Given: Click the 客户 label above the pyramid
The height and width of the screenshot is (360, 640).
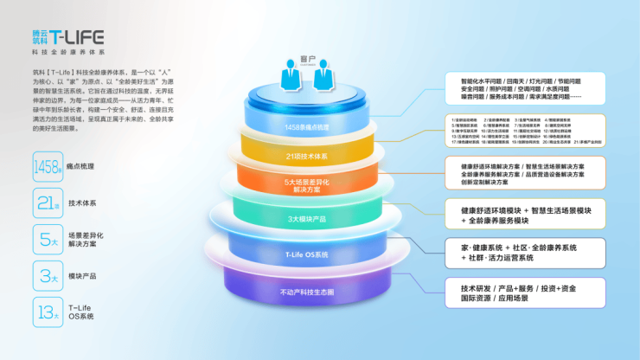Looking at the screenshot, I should pyautogui.click(x=309, y=61).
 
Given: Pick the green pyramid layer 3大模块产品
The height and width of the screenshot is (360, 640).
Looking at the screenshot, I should pyautogui.click(x=307, y=218).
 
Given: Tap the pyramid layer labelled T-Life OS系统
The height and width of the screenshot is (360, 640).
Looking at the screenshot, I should pyautogui.click(x=307, y=254).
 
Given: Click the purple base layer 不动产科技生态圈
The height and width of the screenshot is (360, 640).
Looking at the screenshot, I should pyautogui.click(x=307, y=292).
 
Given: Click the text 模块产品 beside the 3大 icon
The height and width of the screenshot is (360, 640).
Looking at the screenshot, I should pyautogui.click(x=82, y=276).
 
